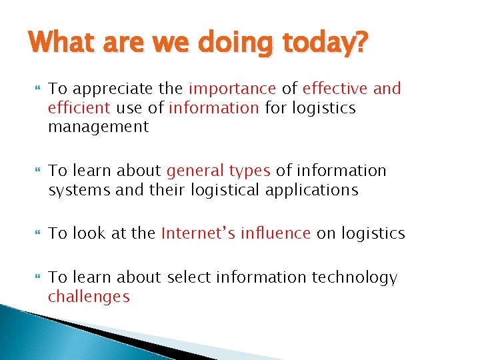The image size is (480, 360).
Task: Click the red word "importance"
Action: [232, 89]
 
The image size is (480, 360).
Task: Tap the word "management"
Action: [99, 127]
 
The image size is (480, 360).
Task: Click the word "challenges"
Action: [89, 297]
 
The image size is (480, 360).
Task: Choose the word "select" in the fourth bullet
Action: [191, 277]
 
